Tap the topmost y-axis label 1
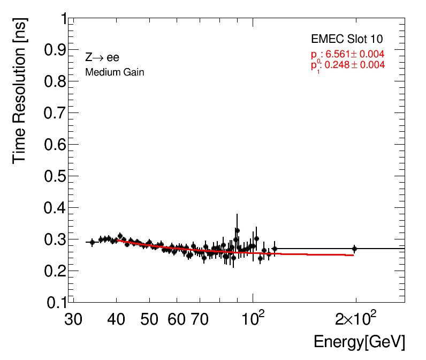[64, 19]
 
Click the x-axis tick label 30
[73, 320]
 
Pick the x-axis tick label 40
[116, 320]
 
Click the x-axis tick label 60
[177, 320]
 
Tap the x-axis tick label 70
[199, 320]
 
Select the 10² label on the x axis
[253, 319]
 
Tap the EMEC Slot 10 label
[347, 39]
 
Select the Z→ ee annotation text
[102, 58]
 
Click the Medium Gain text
[115, 72]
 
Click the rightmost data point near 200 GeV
[354, 249]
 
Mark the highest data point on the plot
[237, 230]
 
